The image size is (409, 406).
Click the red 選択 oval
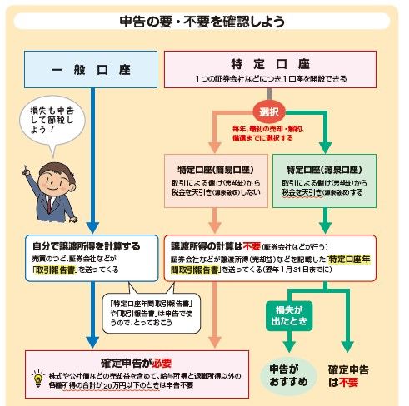click(x=268, y=111)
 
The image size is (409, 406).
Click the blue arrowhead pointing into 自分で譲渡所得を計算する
click(x=92, y=227)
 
